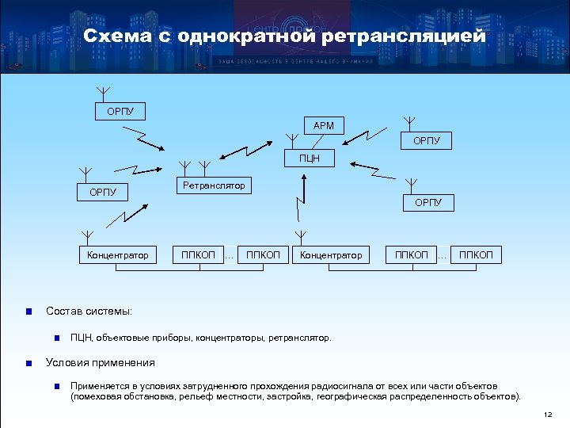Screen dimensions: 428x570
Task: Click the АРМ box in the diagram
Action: [324, 125]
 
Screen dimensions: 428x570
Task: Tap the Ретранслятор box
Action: [214, 186]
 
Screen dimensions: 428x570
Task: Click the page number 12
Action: [548, 415]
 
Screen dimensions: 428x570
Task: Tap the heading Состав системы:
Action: [89, 311]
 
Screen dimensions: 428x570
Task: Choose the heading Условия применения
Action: [101, 363]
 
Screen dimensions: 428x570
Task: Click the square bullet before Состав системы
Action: [28, 311]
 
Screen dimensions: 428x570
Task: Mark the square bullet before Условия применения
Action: [28, 363]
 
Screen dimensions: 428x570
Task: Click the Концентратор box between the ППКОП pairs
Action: [330, 255]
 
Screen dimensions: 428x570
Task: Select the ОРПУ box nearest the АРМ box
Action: [427, 141]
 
